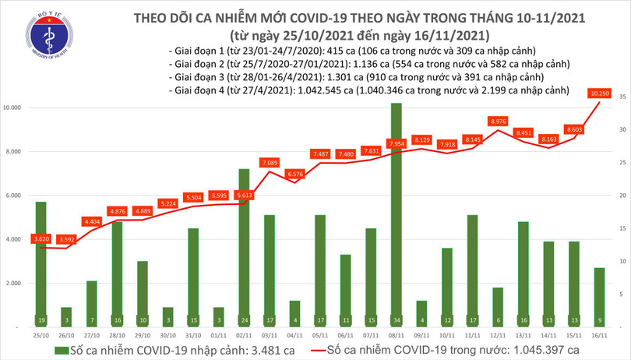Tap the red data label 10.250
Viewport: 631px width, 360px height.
pos(599,94)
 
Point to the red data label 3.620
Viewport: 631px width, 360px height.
pos(42,238)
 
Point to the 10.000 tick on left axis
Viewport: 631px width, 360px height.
pos(16,108)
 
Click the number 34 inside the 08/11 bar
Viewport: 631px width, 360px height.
pos(396,319)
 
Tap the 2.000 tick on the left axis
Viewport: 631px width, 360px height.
pos(16,284)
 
